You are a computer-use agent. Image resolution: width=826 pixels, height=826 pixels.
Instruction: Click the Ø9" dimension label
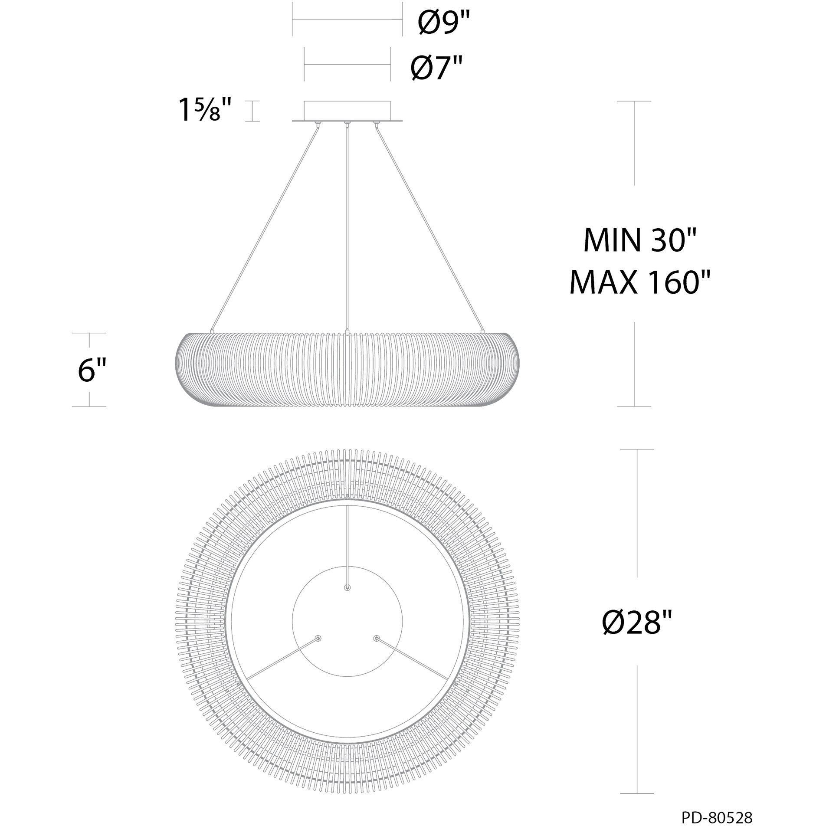444,24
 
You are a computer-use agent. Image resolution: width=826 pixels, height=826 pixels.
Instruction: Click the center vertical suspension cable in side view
347,226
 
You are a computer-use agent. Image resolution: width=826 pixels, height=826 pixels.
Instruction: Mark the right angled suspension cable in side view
429,226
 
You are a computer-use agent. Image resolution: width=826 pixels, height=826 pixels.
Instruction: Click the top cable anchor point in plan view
347,587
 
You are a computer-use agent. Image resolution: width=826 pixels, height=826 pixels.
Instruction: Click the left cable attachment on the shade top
211,331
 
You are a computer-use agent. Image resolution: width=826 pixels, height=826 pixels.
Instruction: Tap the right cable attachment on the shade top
483,331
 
